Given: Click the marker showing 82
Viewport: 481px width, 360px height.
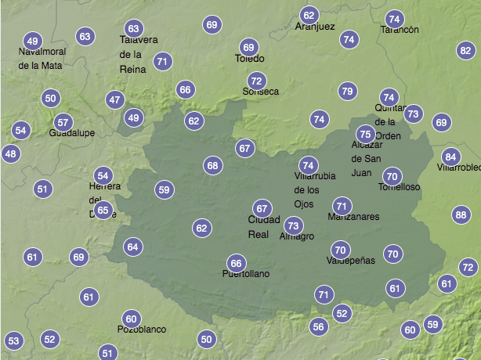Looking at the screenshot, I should click(x=465, y=51).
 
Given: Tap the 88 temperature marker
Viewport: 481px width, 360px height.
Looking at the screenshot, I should click(x=461, y=215).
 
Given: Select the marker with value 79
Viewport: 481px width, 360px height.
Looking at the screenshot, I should click(x=347, y=92).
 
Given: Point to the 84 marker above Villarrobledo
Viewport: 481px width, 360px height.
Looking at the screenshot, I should click(x=450, y=157).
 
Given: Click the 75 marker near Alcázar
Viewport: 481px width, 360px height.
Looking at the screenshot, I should click(x=365, y=135).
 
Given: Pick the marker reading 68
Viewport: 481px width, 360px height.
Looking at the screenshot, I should click(x=212, y=165).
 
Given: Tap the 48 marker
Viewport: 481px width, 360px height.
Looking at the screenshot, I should click(x=10, y=154).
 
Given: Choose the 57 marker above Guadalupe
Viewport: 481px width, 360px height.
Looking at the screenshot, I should click(x=63, y=122).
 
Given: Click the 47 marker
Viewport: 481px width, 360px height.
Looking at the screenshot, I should click(x=115, y=100).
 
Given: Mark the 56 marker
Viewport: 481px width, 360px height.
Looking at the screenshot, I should click(x=318, y=326).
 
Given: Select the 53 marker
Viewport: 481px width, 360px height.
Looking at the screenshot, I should click(x=13, y=341).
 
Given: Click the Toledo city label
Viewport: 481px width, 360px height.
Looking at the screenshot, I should click(x=250, y=59).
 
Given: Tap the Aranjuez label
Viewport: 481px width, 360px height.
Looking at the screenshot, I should click(x=315, y=27).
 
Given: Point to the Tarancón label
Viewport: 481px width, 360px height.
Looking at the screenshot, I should click(x=400, y=30).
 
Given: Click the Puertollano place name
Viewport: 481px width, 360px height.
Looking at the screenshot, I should click(x=246, y=275).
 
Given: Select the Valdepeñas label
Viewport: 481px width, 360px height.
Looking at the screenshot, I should click(x=351, y=261).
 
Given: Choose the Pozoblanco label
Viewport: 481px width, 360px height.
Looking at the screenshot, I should click(x=142, y=329).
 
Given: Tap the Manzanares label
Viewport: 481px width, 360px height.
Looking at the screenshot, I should click(x=353, y=217).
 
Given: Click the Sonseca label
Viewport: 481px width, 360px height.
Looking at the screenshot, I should click(x=261, y=92).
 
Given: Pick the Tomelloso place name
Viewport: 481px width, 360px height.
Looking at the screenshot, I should click(x=400, y=188).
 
